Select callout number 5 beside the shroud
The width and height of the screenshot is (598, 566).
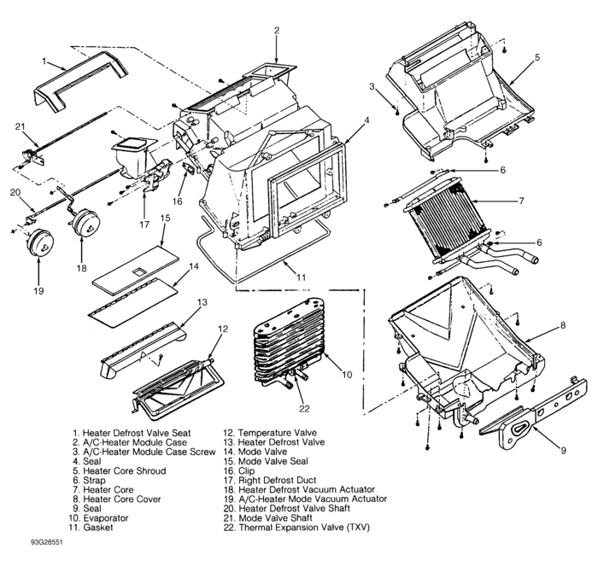coord(536,58)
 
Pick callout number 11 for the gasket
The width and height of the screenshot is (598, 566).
coord(300,277)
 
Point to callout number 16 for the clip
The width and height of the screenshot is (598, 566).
coord(176,201)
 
